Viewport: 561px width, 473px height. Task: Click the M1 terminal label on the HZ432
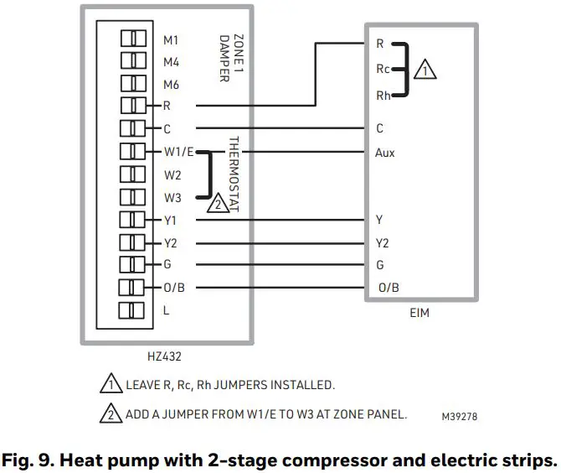(x=171, y=39)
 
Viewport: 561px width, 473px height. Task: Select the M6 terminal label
(x=171, y=85)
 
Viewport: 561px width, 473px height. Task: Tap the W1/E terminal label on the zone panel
(x=179, y=153)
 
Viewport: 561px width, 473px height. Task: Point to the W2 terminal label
(x=172, y=175)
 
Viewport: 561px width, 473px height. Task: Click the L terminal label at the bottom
(x=167, y=310)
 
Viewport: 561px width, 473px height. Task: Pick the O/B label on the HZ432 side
(x=174, y=288)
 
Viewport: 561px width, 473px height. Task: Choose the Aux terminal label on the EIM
(x=386, y=153)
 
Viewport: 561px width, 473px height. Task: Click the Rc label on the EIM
(x=382, y=70)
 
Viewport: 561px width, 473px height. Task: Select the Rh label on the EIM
(x=382, y=96)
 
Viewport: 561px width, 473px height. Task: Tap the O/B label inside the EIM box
(x=389, y=288)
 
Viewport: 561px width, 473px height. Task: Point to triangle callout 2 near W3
(x=217, y=202)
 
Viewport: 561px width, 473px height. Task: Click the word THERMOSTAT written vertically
(x=234, y=173)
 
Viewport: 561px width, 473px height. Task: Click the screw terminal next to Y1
(x=133, y=220)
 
